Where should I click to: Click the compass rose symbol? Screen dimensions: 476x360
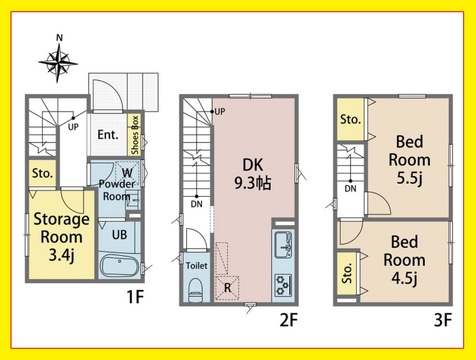coord(58,62)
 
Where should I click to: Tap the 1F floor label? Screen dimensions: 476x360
coord(135,296)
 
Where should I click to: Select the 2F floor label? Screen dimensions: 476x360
coord(288,320)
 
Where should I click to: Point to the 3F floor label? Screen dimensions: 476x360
coord(443,320)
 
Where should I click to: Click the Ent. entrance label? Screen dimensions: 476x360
coord(108,135)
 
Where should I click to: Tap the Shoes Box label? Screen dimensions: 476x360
coord(135,135)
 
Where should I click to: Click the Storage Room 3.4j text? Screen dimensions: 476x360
coord(61,237)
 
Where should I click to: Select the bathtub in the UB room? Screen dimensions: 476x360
coord(120,266)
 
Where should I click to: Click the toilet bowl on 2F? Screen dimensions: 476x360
coord(195,291)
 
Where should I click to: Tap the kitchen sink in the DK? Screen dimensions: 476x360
coord(284,245)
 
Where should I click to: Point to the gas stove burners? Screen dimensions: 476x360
coord(284,285)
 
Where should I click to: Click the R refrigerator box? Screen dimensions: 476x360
coord(227,288)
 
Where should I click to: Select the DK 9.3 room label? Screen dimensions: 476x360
coord(253,174)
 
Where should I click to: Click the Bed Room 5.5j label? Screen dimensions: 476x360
coord(409,160)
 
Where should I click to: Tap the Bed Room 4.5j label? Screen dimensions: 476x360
coord(404,260)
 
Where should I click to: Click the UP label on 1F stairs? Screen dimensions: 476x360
coord(73,127)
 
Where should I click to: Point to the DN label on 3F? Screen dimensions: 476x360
coord(350,189)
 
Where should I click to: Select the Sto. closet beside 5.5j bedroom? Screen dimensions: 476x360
coord(351,119)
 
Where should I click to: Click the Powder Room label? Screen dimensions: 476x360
coord(117,190)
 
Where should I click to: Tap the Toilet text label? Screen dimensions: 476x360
coord(197,266)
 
